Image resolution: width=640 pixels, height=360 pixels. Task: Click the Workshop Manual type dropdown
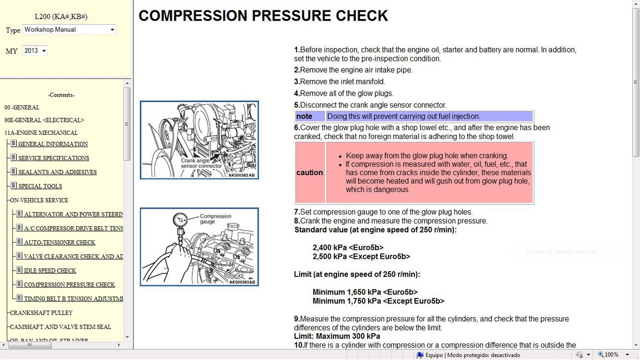pyautogui.click(x=69, y=30)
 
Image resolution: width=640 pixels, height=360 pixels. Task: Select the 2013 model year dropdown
pyautogui.click(x=35, y=51)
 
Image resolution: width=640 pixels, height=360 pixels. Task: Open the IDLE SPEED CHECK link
pyautogui.click(x=50, y=271)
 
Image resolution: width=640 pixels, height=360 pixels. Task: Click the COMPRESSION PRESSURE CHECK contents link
pyautogui.click(x=69, y=285)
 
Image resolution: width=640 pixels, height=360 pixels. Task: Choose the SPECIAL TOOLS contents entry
pyautogui.click(x=47, y=186)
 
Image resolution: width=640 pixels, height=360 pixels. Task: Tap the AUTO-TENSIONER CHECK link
pyautogui.click(x=59, y=242)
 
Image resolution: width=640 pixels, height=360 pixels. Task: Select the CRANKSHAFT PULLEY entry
pyautogui.click(x=41, y=313)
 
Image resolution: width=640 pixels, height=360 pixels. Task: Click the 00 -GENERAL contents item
pyautogui.click(x=22, y=107)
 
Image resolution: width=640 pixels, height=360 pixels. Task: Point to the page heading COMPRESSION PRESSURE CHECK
pyautogui.click(x=263, y=15)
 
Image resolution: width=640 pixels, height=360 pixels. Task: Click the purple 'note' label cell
pyautogui.click(x=310, y=116)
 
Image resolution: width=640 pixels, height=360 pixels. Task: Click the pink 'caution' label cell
pyautogui.click(x=310, y=173)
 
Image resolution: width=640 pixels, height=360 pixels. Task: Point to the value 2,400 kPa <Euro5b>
pyautogui.click(x=348, y=247)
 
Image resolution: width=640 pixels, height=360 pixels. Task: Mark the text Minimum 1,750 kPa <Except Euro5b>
pyautogui.click(x=378, y=301)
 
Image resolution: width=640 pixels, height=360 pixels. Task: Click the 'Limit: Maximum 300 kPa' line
pyautogui.click(x=337, y=336)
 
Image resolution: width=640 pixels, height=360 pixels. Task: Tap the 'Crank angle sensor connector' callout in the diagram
pyautogui.click(x=201, y=163)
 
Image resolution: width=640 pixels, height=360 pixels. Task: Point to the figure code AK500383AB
pyautogui.click(x=242, y=282)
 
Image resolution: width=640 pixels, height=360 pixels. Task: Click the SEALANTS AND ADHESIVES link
pyautogui.click(x=57, y=173)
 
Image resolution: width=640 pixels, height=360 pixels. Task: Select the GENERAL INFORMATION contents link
pyautogui.click(x=53, y=144)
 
